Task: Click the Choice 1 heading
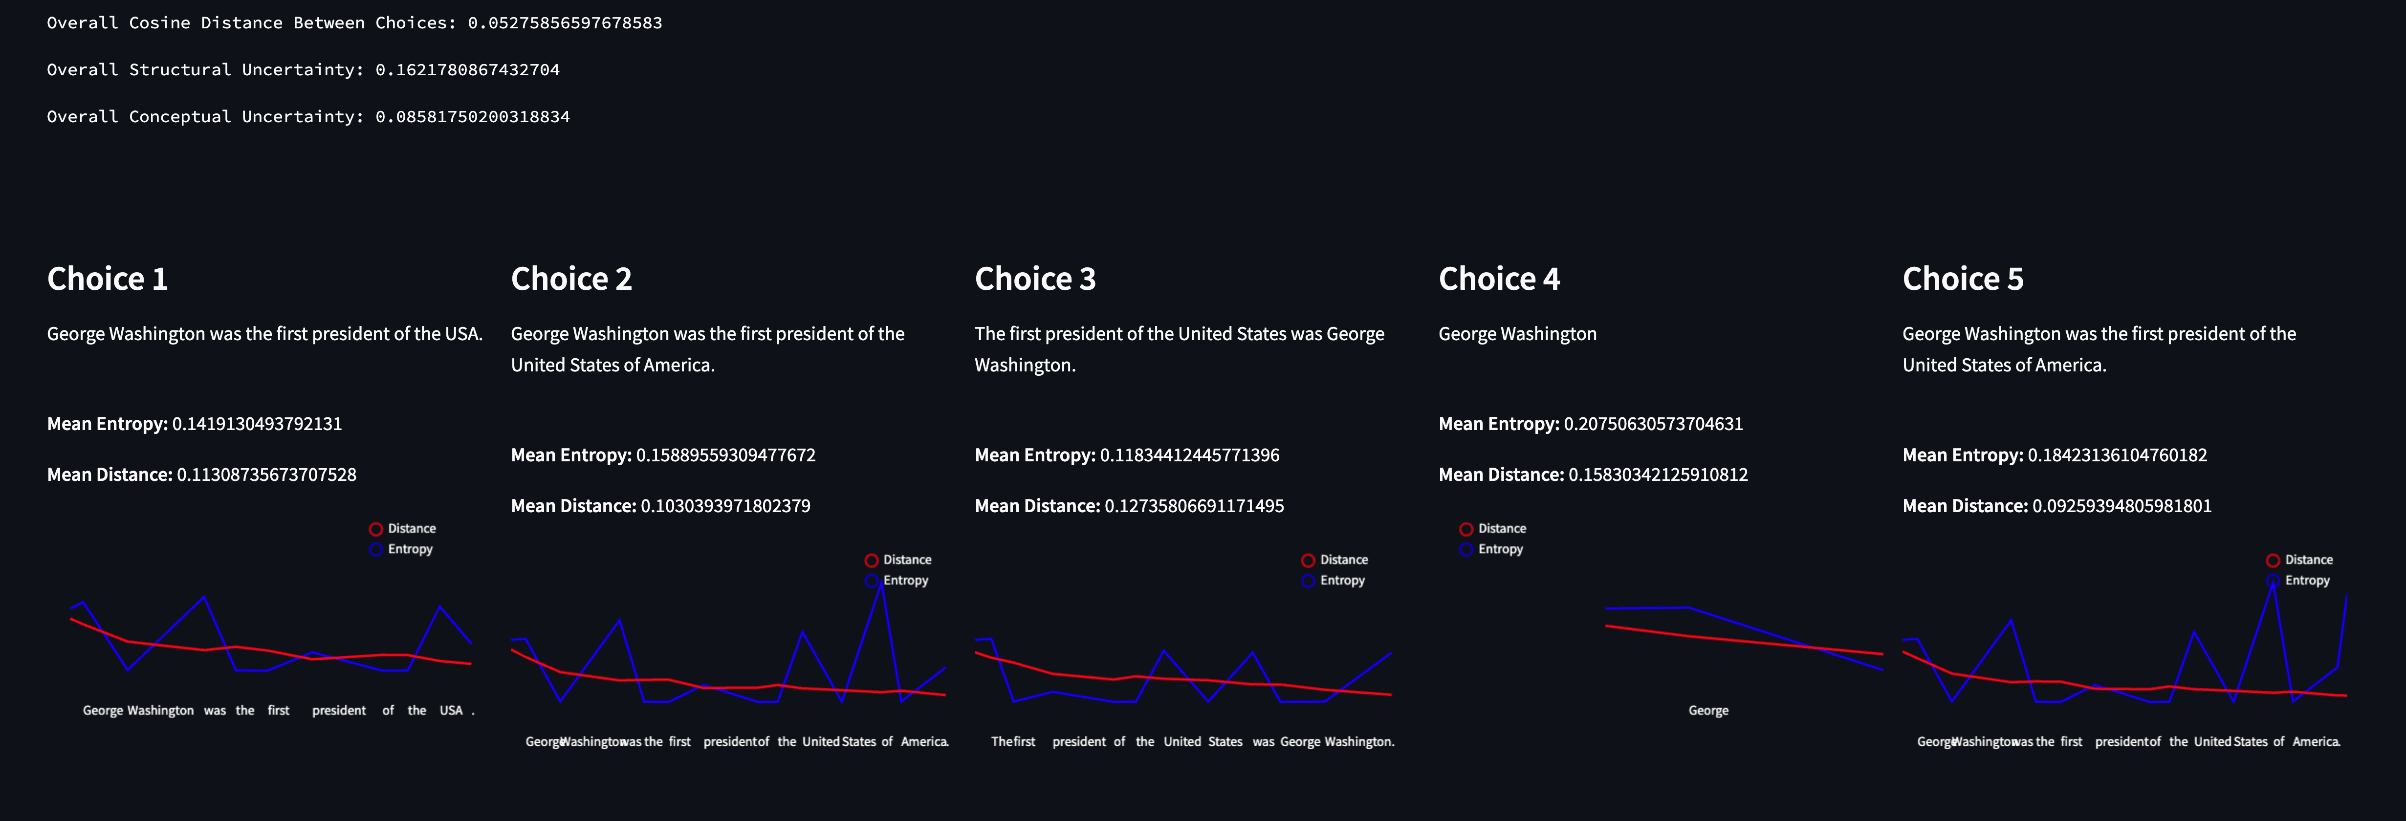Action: [x=108, y=279]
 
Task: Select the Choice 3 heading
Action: [x=1035, y=279]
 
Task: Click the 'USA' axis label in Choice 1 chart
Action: [x=451, y=711]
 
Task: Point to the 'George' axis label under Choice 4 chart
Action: [x=1708, y=711]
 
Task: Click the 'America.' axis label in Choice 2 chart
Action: [x=924, y=742]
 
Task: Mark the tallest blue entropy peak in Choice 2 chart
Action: [x=879, y=584]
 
